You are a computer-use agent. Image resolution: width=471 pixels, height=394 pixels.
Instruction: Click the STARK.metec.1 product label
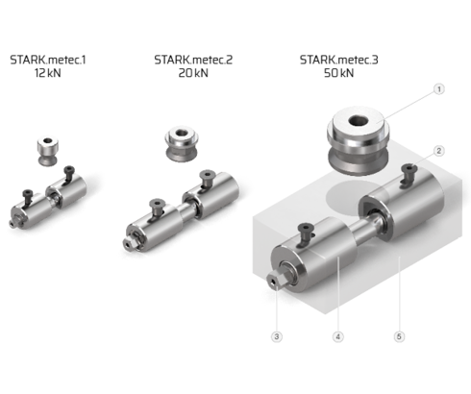coord(48,60)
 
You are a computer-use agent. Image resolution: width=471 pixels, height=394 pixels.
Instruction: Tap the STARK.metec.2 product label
coord(193,60)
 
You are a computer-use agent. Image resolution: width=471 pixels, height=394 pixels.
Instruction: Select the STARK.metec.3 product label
coord(339,60)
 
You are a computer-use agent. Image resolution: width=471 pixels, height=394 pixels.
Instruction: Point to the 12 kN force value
coord(48,73)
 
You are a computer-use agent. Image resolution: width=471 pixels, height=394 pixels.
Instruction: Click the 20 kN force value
coord(193,73)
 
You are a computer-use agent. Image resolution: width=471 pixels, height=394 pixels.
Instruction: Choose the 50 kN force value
coord(339,73)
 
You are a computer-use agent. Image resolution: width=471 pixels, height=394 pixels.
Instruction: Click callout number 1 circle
coord(439,89)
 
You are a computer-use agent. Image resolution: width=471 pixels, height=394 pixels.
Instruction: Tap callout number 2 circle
coord(439,151)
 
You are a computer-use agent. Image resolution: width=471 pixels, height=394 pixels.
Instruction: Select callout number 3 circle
coord(277,336)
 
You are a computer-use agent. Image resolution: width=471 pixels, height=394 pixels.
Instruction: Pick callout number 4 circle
coord(338,336)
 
